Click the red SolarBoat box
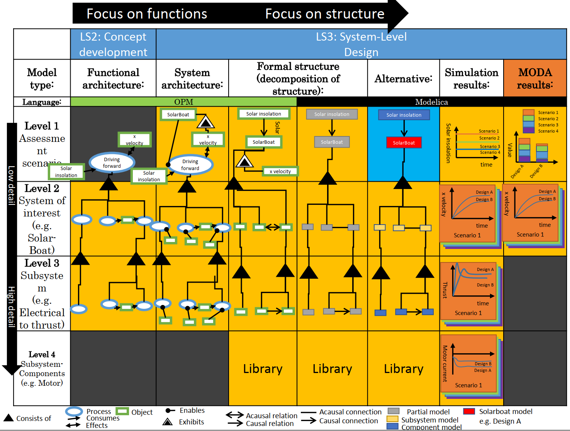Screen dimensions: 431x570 tap(404, 143)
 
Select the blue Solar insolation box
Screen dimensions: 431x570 tap(404, 115)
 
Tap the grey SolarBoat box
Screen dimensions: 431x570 tap(332, 142)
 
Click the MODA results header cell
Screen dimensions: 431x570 tap(535, 78)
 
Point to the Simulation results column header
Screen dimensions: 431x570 tap(471, 78)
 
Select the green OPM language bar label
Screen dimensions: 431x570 tap(183, 102)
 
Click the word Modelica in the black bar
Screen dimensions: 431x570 tap(431, 102)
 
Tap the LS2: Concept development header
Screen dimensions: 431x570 tap(113, 44)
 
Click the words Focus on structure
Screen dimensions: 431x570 tap(324, 14)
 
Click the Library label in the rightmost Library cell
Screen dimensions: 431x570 tap(404, 369)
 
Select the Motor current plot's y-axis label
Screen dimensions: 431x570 tap(445, 363)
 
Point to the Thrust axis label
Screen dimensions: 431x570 tap(445, 290)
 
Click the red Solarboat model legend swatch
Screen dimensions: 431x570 tap(469, 411)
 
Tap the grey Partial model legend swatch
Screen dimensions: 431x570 tap(393, 411)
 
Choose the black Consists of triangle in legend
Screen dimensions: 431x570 tap(8, 417)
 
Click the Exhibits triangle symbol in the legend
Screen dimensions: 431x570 tap(168, 422)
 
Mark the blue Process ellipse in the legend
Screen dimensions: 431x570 tap(74, 411)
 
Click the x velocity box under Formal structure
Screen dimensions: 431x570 tap(280, 171)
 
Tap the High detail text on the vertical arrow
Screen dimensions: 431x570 tap(12, 307)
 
